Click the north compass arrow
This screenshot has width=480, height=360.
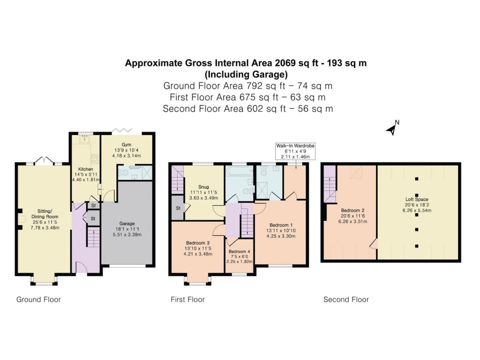click(x=391, y=129)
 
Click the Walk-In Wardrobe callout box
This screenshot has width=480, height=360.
click(x=295, y=151)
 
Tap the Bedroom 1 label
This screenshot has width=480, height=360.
click(x=281, y=230)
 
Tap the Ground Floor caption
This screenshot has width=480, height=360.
click(x=38, y=300)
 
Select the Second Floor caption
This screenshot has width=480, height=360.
click(x=346, y=300)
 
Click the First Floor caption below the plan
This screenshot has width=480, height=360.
click(x=187, y=300)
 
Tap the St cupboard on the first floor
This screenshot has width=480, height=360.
click(x=178, y=208)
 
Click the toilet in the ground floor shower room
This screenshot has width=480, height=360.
click(x=124, y=174)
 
